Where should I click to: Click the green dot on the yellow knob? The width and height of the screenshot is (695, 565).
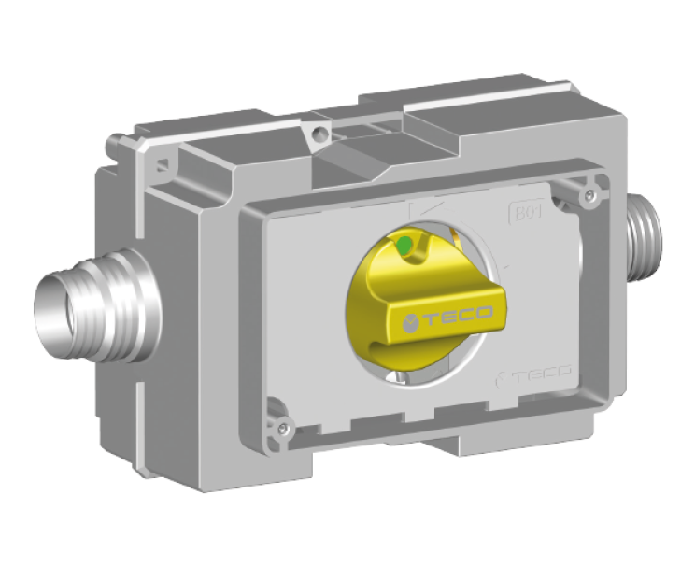pyautogui.click(x=403, y=246)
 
